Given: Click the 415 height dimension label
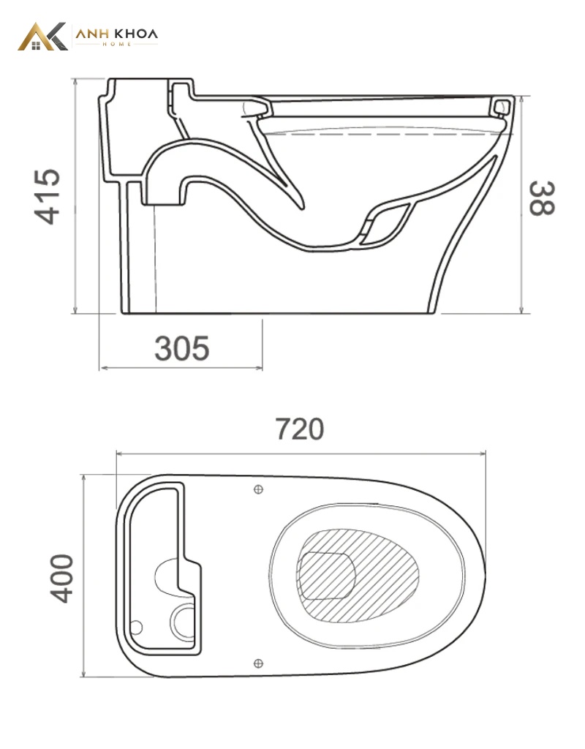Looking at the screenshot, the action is click(48, 196).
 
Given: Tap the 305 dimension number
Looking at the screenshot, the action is click(182, 348).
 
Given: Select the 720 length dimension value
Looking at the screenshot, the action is click(300, 429).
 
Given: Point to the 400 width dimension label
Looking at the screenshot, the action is click(62, 579).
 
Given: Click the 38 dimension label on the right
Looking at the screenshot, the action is click(542, 198).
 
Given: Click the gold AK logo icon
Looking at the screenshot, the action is click(42, 37).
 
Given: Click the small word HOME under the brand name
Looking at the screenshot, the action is click(117, 44).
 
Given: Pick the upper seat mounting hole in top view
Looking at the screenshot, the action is click(258, 489).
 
